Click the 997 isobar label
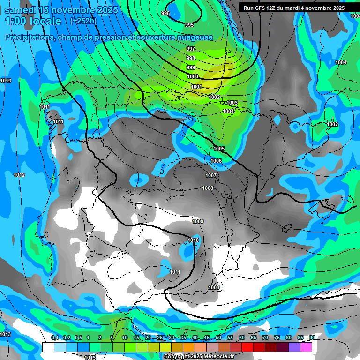(x=190, y=49)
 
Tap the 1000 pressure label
(x=193, y=76)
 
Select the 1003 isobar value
(x=232, y=103)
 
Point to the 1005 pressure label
(x=219, y=149)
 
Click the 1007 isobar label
(x=211, y=175)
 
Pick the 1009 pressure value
(x=198, y=221)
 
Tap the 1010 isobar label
(x=193, y=240)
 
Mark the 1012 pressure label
(x=19, y=175)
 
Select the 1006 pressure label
(x=216, y=161)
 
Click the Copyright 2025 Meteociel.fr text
(x=199, y=357)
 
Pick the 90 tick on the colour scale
(x=312, y=337)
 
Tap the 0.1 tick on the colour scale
(x=55, y=337)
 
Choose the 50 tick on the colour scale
(x=218, y=337)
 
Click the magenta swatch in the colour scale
(x=306, y=347)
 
